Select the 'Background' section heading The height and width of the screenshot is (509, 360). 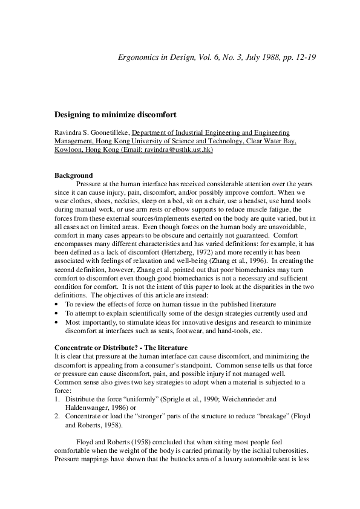pos(73,175)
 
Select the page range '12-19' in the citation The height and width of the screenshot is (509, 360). pos(306,58)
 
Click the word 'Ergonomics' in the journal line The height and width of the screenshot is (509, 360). pos(137,58)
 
